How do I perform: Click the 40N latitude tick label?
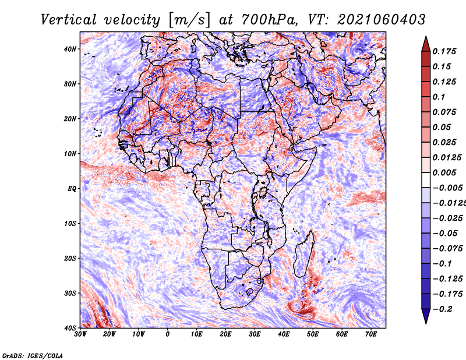pyautogui.click(x=70, y=49)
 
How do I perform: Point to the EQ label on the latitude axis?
pyautogui.click(x=72, y=189)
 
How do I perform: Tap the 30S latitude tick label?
pyautogui.click(x=70, y=294)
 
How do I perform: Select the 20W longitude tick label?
pyautogui.click(x=110, y=334)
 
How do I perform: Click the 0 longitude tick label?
pyautogui.click(x=168, y=334)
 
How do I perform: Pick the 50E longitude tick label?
pyautogui.click(x=313, y=334)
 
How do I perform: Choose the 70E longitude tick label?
pyautogui.click(x=370, y=334)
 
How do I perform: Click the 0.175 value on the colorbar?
pyautogui.click(x=444, y=51)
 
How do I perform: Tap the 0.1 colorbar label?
pyautogui.click(x=439, y=97)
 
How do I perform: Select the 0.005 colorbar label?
pyautogui.click(x=444, y=172)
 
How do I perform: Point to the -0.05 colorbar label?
pyautogui.click(x=445, y=233)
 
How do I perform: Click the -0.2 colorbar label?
pyautogui.click(x=443, y=309)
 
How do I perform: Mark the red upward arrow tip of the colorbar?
pyautogui.click(x=426, y=37)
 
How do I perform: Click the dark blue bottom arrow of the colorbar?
pyautogui.click(x=426, y=316)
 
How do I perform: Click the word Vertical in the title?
pyautogui.click(x=69, y=20)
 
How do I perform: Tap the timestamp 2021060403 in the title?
pyautogui.click(x=382, y=20)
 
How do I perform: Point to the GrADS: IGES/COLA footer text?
pyautogui.click(x=33, y=355)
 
